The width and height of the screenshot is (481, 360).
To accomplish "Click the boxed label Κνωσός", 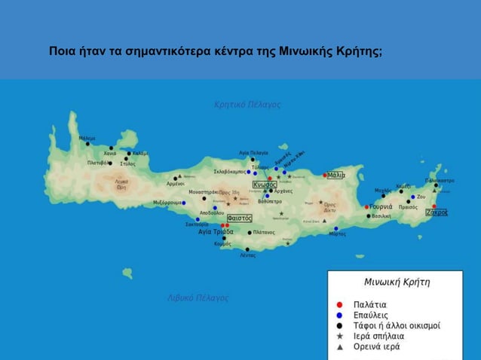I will coord(264,185).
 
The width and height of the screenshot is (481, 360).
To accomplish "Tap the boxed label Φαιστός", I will coord(239,218).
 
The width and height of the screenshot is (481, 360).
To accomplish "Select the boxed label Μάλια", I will coord(336,175).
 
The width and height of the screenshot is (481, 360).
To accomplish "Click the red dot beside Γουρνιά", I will coord(366,207).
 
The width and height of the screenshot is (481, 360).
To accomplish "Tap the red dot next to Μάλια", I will coord(325,175).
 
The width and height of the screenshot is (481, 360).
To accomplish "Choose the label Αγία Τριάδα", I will coord(216,232).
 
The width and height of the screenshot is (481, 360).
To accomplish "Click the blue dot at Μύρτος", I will coord(336,228).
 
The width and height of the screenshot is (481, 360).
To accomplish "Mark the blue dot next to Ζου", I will coord(413,197).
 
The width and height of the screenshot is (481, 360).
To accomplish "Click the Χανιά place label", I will coord(110,154).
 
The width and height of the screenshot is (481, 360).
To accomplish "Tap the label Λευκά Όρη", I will coord(121,184).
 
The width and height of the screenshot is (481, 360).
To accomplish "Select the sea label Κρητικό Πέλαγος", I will coord(248,104).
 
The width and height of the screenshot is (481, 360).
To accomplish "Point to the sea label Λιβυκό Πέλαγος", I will coord(198,298).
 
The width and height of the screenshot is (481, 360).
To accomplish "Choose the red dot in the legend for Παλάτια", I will coord(340,305).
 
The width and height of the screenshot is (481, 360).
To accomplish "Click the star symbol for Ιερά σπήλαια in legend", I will coord(340,336).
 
